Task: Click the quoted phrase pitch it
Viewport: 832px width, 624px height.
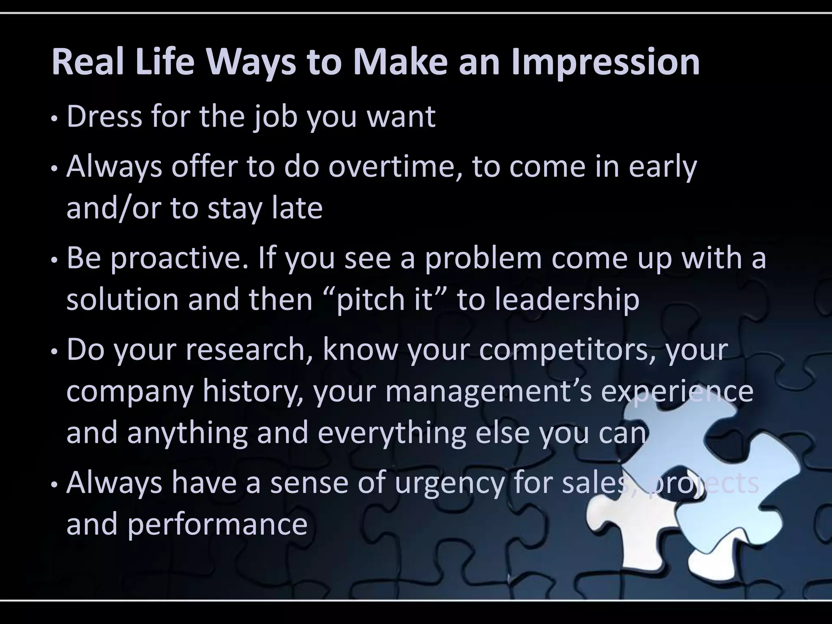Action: pyautogui.click(x=384, y=300)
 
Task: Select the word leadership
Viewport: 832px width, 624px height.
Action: pyautogui.click(x=567, y=300)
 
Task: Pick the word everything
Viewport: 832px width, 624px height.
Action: pyautogui.click(x=392, y=433)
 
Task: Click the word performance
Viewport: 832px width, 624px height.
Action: pyautogui.click(x=217, y=524)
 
